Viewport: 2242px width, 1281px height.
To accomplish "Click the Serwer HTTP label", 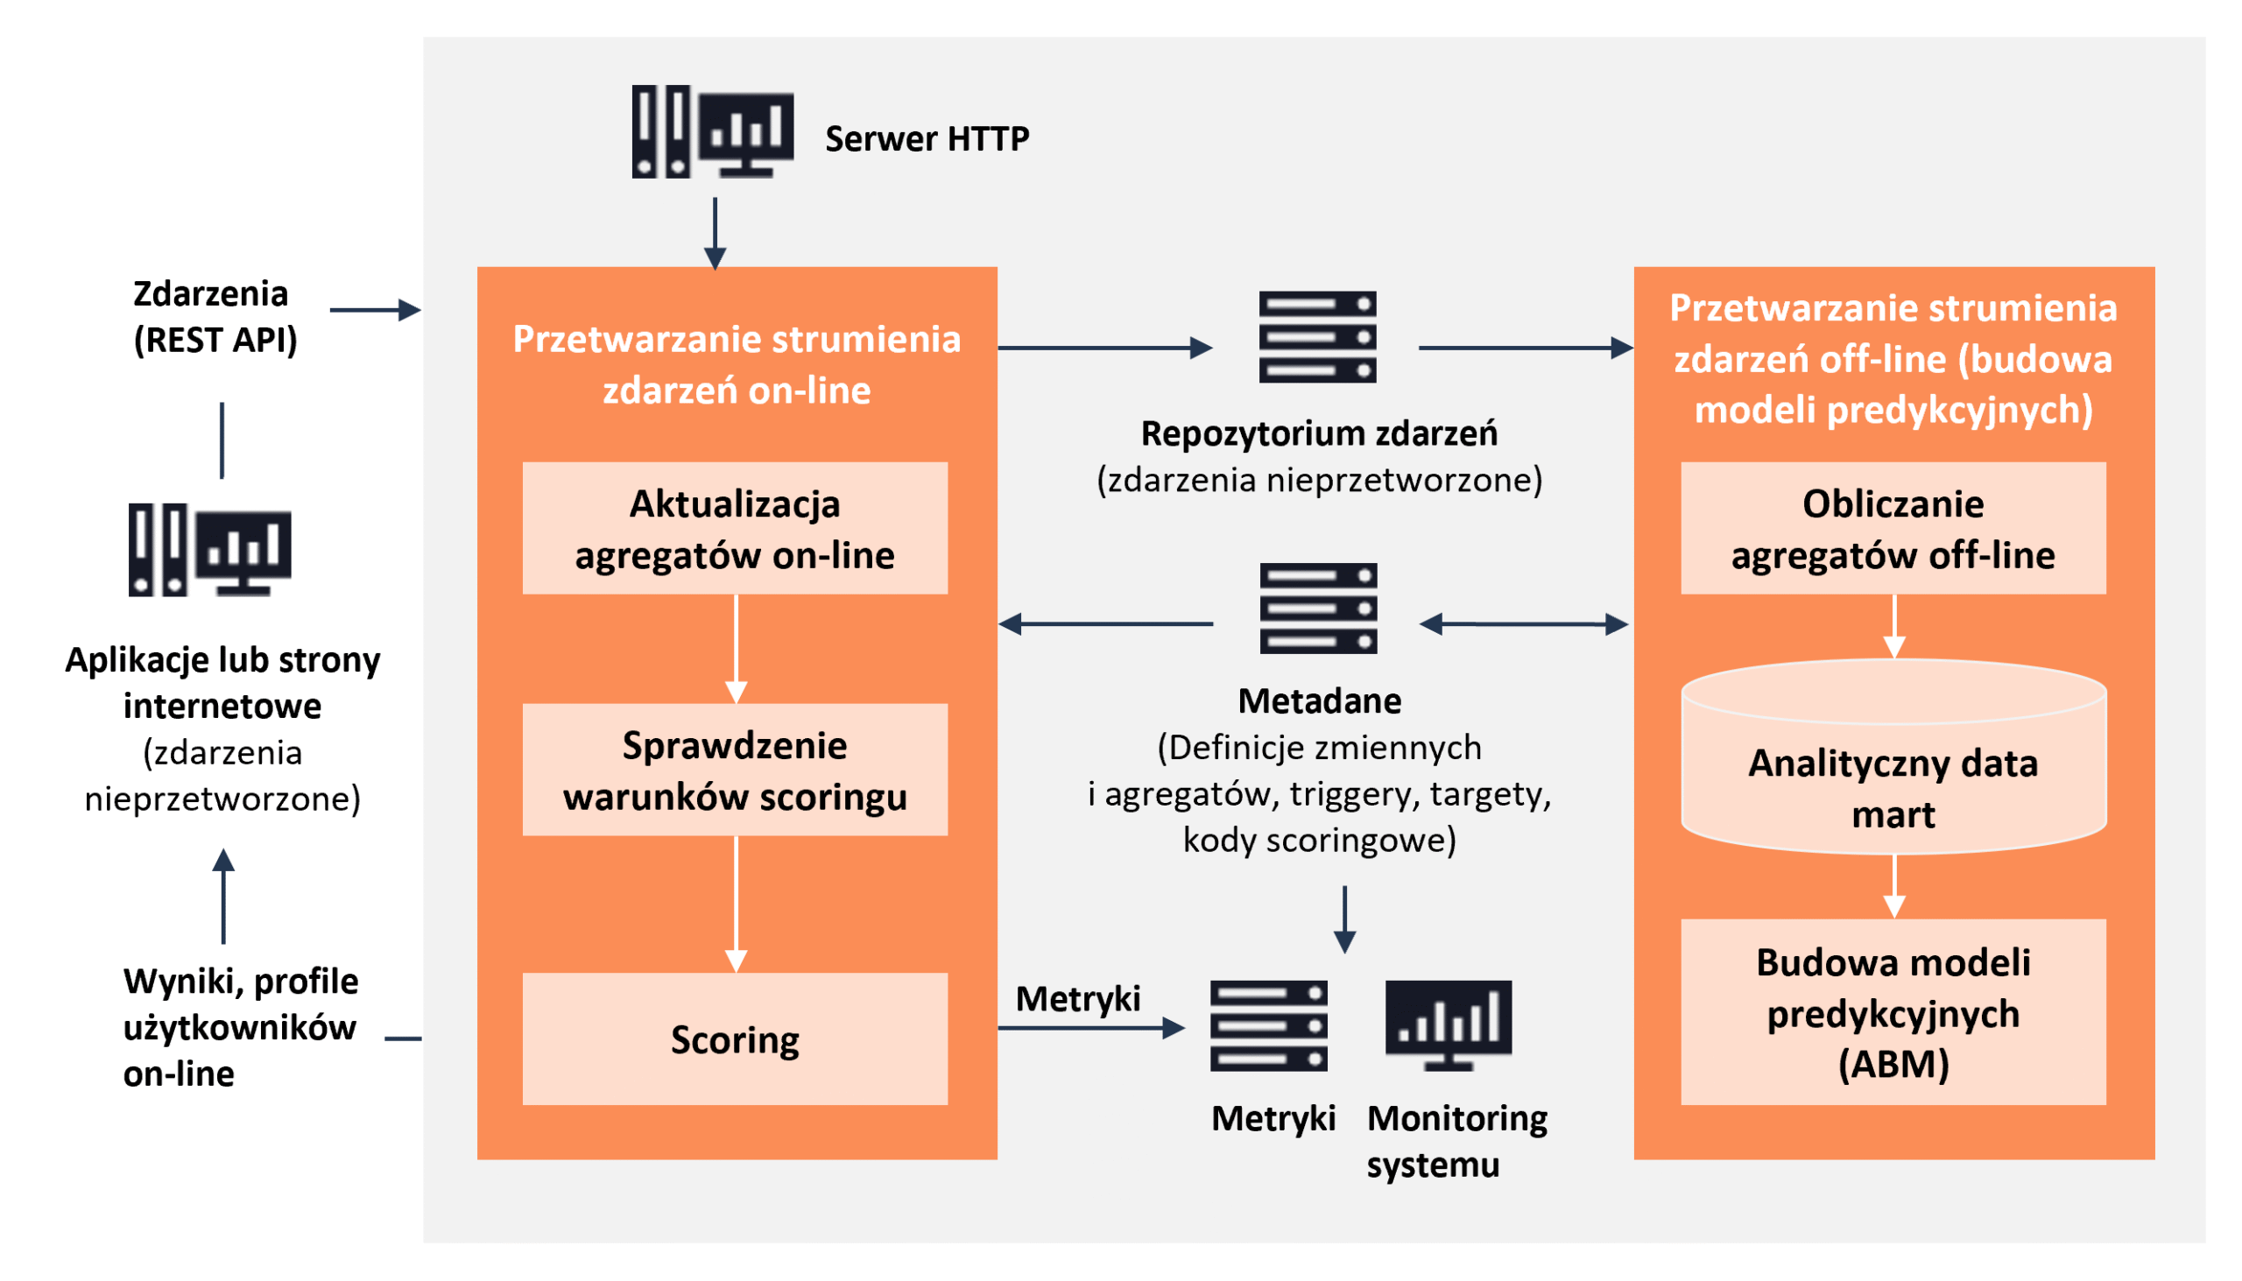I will click(927, 139).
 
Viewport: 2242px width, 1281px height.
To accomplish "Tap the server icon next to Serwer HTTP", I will click(712, 132).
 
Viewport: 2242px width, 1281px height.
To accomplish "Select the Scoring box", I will click(735, 1039).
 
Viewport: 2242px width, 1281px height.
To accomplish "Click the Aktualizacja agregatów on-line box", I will click(735, 529).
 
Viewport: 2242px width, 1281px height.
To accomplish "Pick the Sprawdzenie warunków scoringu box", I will click(735, 770).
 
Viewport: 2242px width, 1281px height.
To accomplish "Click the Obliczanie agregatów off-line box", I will click(1893, 529).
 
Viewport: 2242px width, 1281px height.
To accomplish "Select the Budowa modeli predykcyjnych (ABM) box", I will click(1893, 1013).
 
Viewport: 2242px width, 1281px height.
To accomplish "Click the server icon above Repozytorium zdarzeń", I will click(1317, 337).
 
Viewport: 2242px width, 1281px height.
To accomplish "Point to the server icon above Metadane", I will click(1317, 608).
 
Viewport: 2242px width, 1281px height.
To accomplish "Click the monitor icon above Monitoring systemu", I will click(1449, 1025).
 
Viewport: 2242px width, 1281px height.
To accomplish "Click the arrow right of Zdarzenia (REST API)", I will click(376, 310).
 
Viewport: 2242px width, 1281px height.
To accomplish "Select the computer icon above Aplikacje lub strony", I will click(209, 550).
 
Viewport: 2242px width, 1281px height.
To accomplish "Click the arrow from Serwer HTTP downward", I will click(715, 233).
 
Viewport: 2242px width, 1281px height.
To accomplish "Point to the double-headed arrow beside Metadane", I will click(1523, 623).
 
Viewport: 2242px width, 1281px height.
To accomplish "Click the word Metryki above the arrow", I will click(1077, 998).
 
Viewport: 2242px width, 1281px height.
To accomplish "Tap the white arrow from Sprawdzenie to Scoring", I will click(736, 904).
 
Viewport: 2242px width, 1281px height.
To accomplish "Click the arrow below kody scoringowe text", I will click(1343, 919).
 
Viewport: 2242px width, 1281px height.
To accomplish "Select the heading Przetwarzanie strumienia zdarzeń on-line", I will click(737, 364).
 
